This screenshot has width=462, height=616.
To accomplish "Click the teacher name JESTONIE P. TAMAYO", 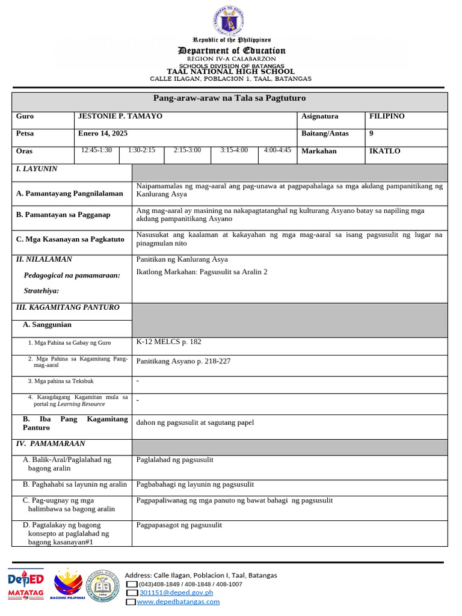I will pos(120,116).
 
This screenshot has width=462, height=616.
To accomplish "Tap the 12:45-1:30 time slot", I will pos(97,150).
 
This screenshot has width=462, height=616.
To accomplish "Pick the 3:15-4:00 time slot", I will pos(234,150).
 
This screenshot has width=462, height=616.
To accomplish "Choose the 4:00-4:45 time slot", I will pos(277,150).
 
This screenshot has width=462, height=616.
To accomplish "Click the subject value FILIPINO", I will pos(387,116).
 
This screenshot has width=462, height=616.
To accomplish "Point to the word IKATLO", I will pos(384,151).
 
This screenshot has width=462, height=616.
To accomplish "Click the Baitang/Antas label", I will pos(325,134).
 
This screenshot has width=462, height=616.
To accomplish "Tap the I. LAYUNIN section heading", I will pos(37,169).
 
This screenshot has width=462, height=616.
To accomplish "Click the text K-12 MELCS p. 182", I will pos(169,342).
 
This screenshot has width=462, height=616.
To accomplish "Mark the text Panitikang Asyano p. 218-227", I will pos(183,361).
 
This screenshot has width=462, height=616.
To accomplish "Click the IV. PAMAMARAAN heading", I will pos(50,444).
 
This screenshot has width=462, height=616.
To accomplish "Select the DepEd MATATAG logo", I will pos(25,585).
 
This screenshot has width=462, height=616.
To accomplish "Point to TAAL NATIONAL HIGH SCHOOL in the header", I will pos(230,72).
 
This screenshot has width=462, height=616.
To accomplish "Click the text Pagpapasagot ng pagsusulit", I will pos(179,525).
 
